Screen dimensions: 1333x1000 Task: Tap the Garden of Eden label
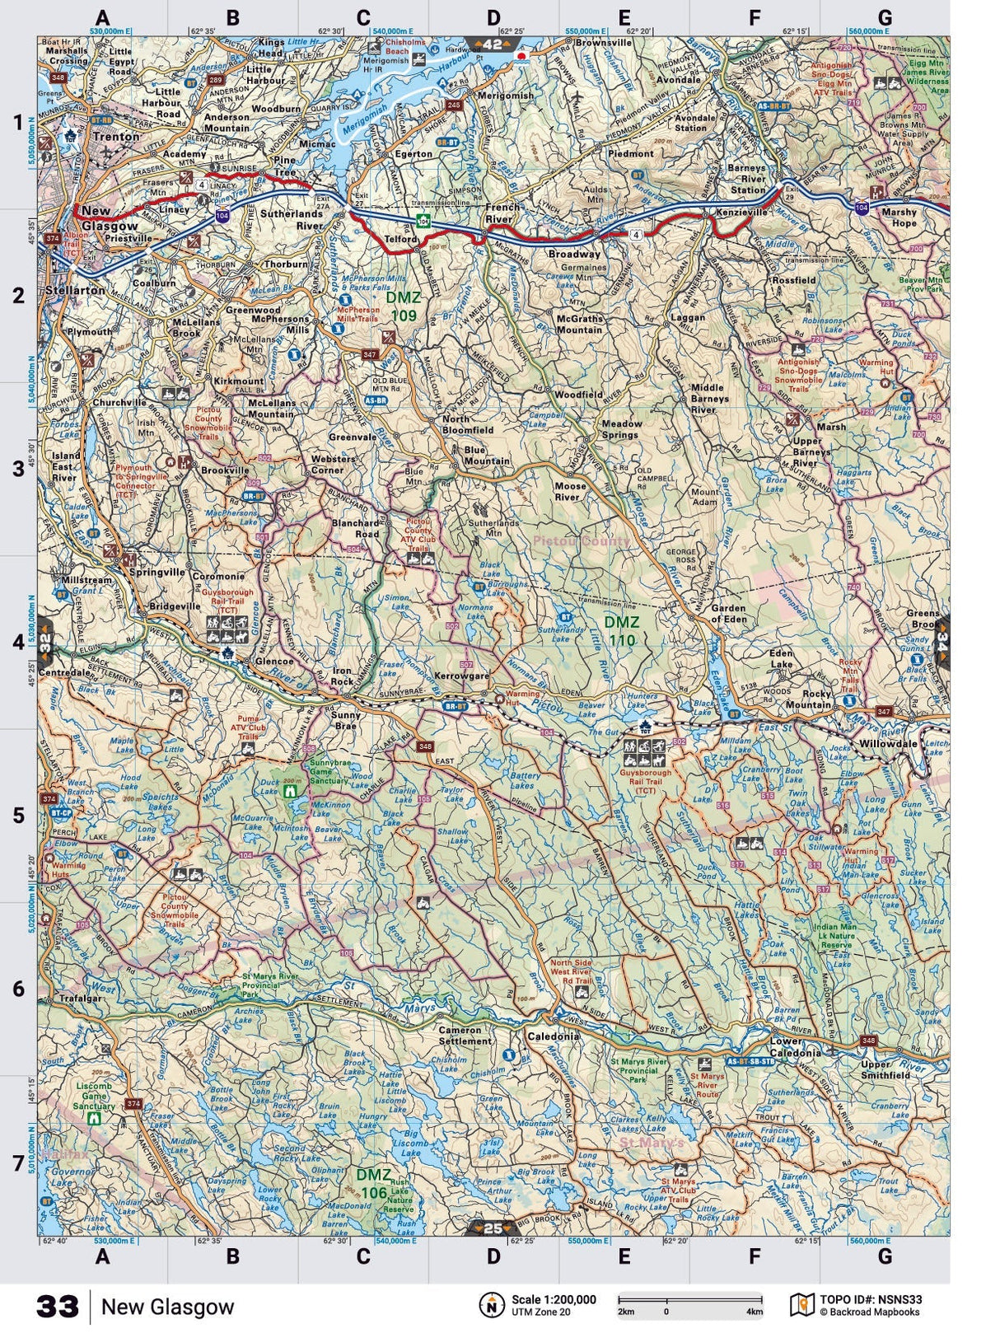point(729,613)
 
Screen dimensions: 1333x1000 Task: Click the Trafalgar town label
point(81,999)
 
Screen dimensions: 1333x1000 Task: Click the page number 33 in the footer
point(58,1307)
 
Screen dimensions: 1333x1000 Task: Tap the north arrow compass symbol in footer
point(492,1305)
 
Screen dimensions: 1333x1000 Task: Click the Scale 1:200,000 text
point(553,1300)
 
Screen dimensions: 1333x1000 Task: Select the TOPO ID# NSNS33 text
point(871,1300)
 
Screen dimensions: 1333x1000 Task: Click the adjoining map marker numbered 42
point(493,44)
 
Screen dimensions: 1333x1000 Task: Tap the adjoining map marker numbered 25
point(493,1228)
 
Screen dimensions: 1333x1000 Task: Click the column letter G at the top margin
point(885,17)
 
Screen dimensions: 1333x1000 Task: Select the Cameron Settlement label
point(465,1036)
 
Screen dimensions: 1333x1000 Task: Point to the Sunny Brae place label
point(345,721)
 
